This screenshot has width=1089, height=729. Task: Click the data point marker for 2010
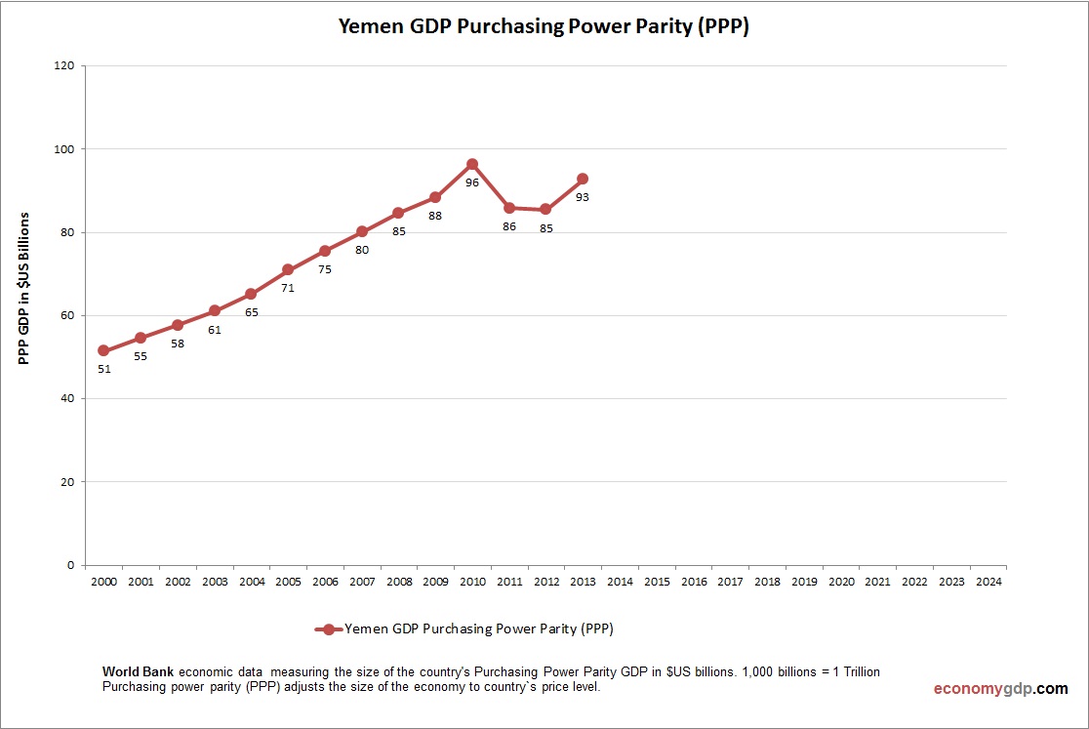click(x=472, y=165)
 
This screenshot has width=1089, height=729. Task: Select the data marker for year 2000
click(x=103, y=350)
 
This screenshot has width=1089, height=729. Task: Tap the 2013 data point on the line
click(x=583, y=179)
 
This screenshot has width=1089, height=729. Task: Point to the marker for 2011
click(x=509, y=208)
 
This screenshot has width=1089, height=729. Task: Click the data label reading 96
click(x=472, y=182)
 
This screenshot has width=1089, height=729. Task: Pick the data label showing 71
click(x=288, y=288)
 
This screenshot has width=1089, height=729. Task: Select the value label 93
click(x=583, y=197)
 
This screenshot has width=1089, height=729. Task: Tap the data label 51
click(x=103, y=369)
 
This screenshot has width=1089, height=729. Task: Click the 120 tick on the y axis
click(x=63, y=66)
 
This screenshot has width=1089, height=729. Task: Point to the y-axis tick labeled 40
click(x=67, y=398)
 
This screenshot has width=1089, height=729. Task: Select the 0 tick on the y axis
click(x=71, y=565)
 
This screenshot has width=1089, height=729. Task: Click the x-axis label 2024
click(x=988, y=582)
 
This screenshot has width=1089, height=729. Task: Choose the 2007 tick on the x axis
click(x=361, y=582)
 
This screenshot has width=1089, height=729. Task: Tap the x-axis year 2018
click(x=767, y=582)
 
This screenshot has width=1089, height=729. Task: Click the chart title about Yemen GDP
click(x=544, y=27)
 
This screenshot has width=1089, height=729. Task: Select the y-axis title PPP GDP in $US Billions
click(x=24, y=288)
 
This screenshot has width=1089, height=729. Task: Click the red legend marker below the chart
click(x=329, y=629)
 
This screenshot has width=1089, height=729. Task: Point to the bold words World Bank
click(x=138, y=672)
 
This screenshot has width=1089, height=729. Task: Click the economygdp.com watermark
click(x=1000, y=689)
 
